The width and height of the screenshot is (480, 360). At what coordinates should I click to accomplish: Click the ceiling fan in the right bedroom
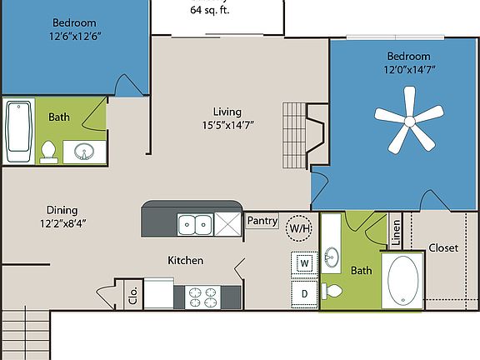[x=409, y=122]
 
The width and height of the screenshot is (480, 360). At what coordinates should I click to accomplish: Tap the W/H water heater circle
[x=298, y=227]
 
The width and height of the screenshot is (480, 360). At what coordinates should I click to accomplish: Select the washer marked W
[x=304, y=264]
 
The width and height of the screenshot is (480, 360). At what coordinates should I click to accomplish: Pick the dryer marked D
[x=304, y=293]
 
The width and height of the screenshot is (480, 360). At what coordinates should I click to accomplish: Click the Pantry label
[x=262, y=221]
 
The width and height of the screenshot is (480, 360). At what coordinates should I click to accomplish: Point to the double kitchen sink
[x=196, y=223]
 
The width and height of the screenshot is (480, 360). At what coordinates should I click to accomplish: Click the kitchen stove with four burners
[x=203, y=294]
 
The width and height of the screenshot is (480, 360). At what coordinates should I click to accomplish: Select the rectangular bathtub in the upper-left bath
[x=19, y=131]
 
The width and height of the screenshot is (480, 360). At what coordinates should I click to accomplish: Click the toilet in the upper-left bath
[x=48, y=151]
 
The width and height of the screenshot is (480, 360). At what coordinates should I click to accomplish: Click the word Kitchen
[x=185, y=261]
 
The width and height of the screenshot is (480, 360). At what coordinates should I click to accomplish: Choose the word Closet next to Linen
[x=442, y=247]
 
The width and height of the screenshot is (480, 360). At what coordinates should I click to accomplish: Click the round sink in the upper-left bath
[x=84, y=152]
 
